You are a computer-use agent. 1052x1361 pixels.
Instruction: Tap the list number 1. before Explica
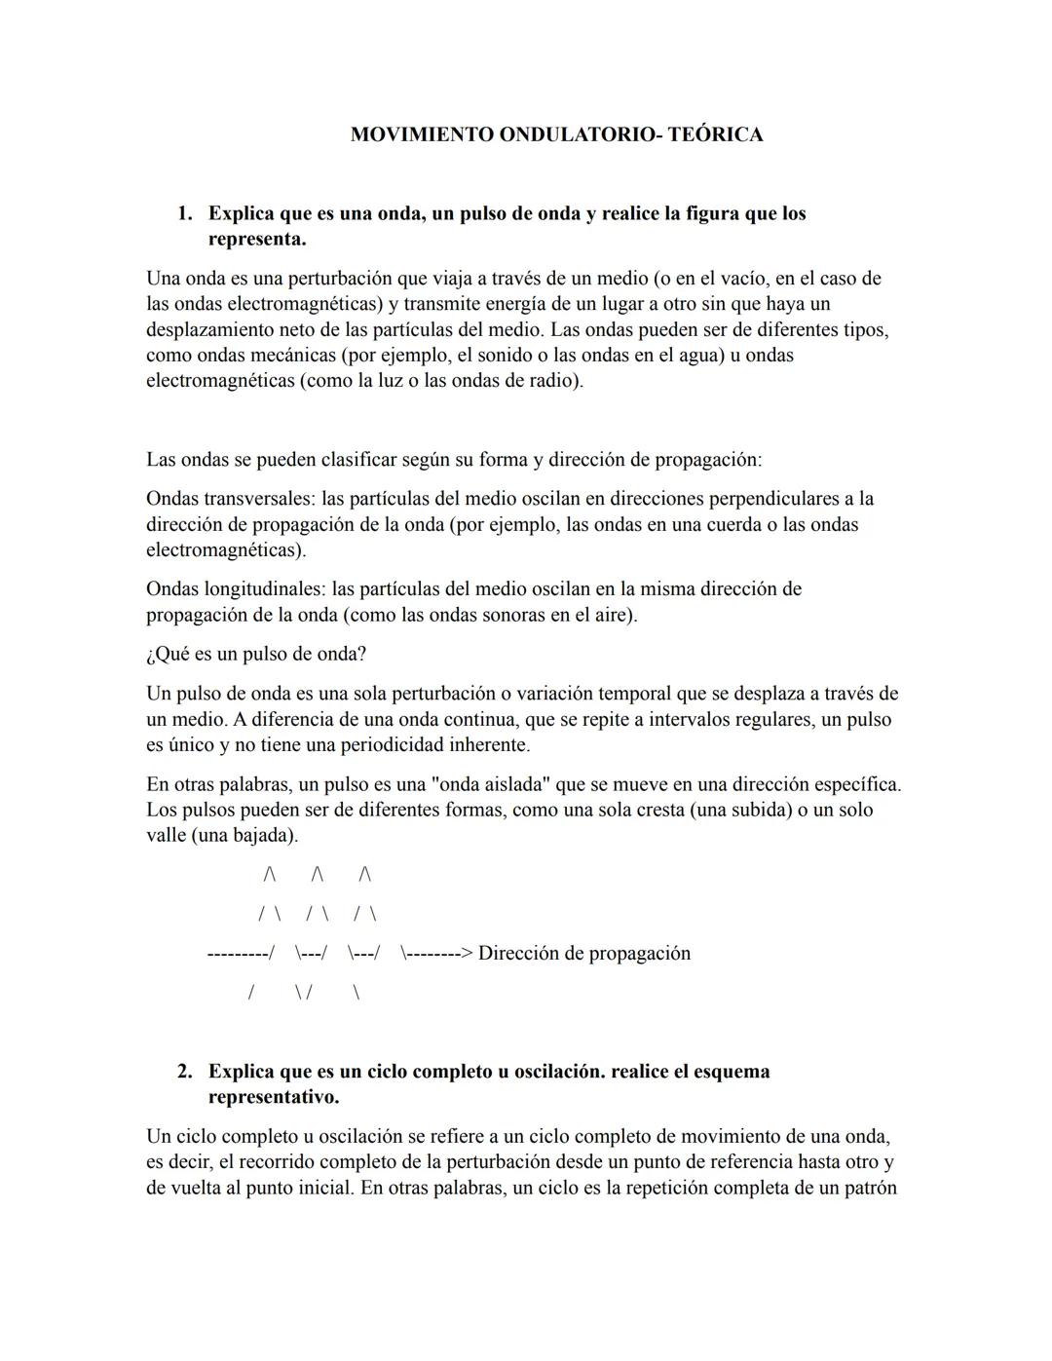184,213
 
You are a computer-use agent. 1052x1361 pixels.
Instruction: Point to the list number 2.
184,1072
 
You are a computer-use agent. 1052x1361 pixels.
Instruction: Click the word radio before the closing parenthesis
552,381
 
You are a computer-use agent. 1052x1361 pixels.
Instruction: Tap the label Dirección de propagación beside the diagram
583,953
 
